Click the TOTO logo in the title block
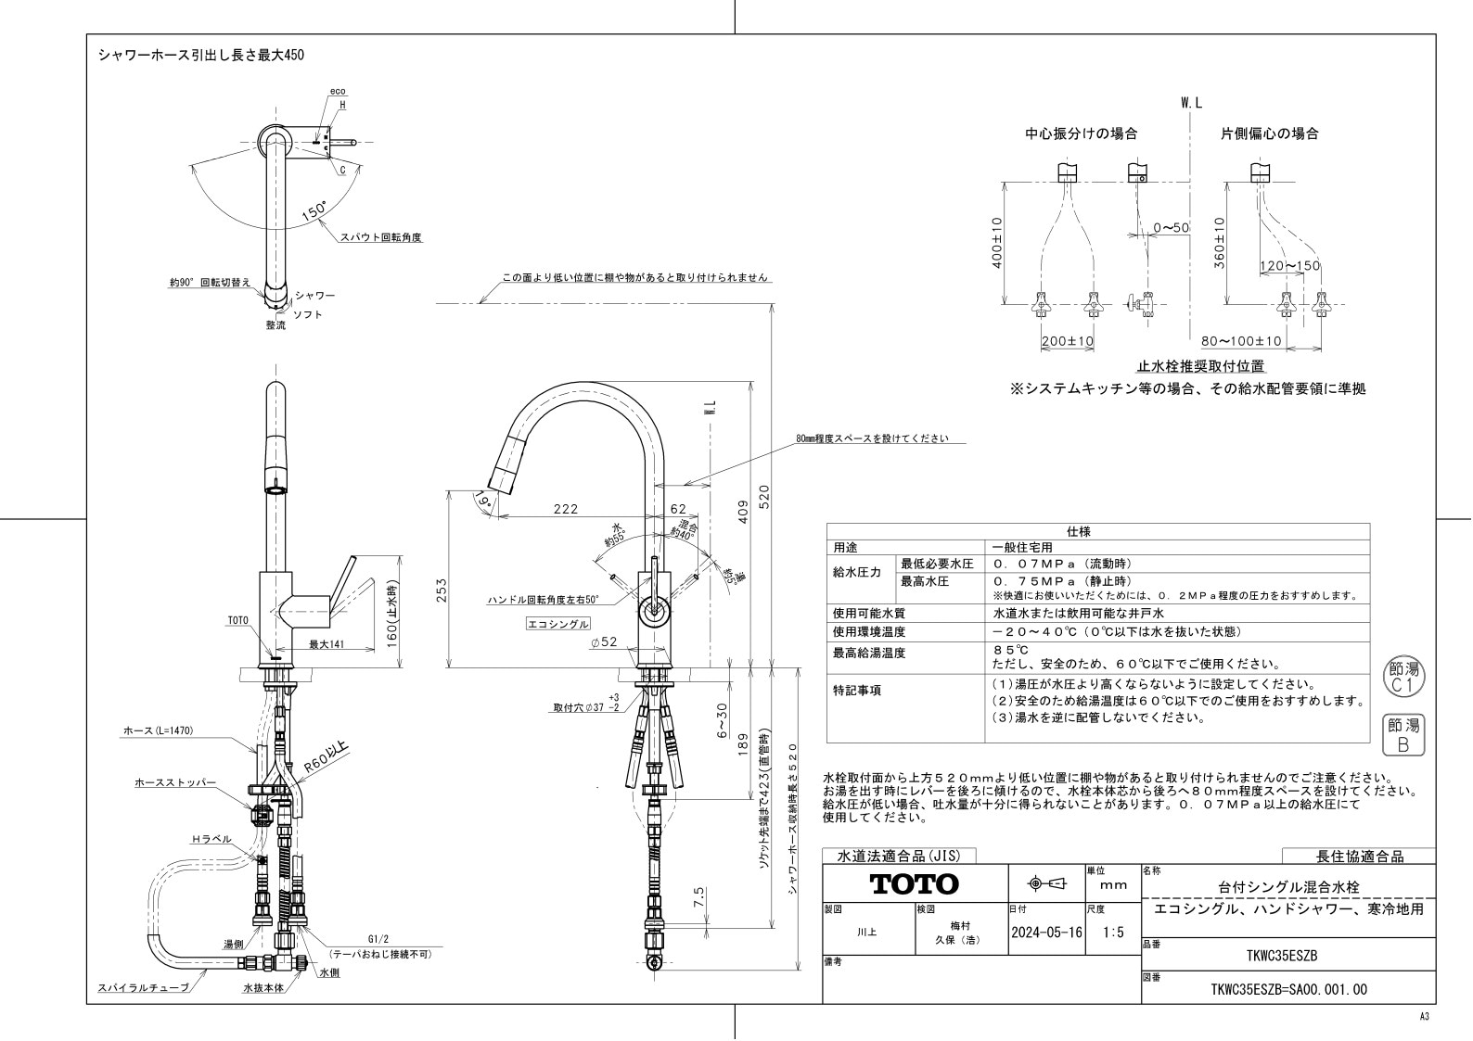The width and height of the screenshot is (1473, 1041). (914, 883)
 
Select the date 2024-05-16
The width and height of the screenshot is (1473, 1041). (1045, 933)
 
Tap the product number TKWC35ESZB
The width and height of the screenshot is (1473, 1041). (1283, 956)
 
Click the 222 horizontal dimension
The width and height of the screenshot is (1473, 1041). (565, 509)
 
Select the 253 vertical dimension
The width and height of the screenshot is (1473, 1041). (442, 590)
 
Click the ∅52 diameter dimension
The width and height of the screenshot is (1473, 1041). (602, 641)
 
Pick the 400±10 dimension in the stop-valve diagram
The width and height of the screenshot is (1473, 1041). (997, 243)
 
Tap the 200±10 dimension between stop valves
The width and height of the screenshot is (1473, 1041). (1067, 341)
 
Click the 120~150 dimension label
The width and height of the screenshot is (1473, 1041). (1289, 266)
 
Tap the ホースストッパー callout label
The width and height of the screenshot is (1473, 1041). (175, 783)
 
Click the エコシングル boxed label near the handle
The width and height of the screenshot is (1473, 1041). (557, 624)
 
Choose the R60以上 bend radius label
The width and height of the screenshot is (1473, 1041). (325, 756)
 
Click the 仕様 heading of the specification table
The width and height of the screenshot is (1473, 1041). (1079, 532)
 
